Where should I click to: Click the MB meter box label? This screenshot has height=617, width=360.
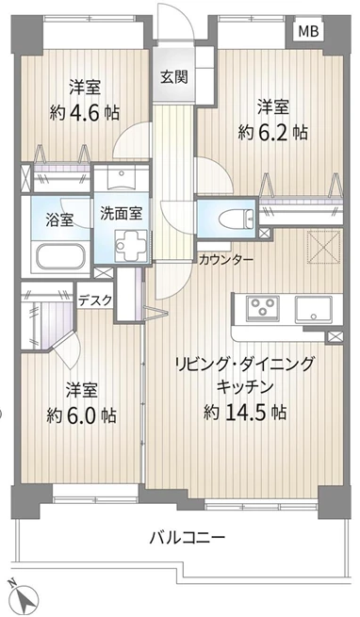pyautogui.click(x=308, y=31)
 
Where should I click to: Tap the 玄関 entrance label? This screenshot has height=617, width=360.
pyautogui.click(x=173, y=76)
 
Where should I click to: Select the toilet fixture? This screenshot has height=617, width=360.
pyautogui.click(x=237, y=219)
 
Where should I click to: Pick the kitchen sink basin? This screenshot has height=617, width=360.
pyautogui.click(x=314, y=309)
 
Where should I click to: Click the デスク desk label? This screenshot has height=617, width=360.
pyautogui.click(x=95, y=300)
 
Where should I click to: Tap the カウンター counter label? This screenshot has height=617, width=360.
pyautogui.click(x=226, y=259)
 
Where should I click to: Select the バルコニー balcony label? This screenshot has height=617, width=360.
pyautogui.click(x=188, y=537)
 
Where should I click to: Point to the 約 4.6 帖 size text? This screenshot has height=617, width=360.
pyautogui.click(x=85, y=113)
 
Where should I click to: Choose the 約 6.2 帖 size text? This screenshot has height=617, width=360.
pyautogui.click(x=272, y=133)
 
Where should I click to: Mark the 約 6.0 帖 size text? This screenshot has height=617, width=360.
pyautogui.click(x=81, y=415)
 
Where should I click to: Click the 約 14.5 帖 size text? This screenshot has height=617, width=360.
pyautogui.click(x=245, y=412)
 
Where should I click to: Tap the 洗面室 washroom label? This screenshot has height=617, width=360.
pyautogui.click(x=121, y=213)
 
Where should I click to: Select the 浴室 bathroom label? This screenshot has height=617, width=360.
pyautogui.click(x=59, y=220)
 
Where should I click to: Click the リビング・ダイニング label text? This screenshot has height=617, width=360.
pyautogui.click(x=245, y=365)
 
